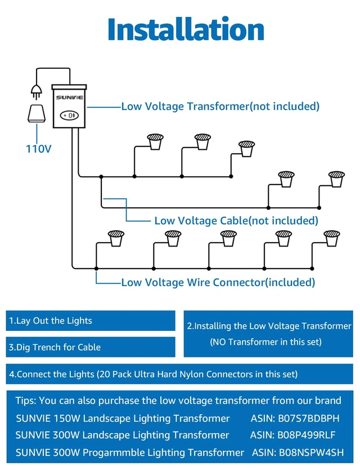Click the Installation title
[186, 29]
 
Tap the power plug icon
[37, 91]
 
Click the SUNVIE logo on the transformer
[70, 97]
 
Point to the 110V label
[39, 149]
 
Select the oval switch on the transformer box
[69, 115]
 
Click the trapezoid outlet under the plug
[37, 114]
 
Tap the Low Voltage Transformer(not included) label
[220, 106]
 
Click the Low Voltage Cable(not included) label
[236, 221]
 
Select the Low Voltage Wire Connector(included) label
[218, 283]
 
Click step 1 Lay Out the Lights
[51, 321]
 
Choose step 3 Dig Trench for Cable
[55, 347]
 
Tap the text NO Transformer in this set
[265, 342]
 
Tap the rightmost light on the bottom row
[331, 238]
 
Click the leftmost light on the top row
[155, 141]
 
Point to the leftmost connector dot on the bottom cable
[96, 268]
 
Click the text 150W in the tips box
[67, 418]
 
